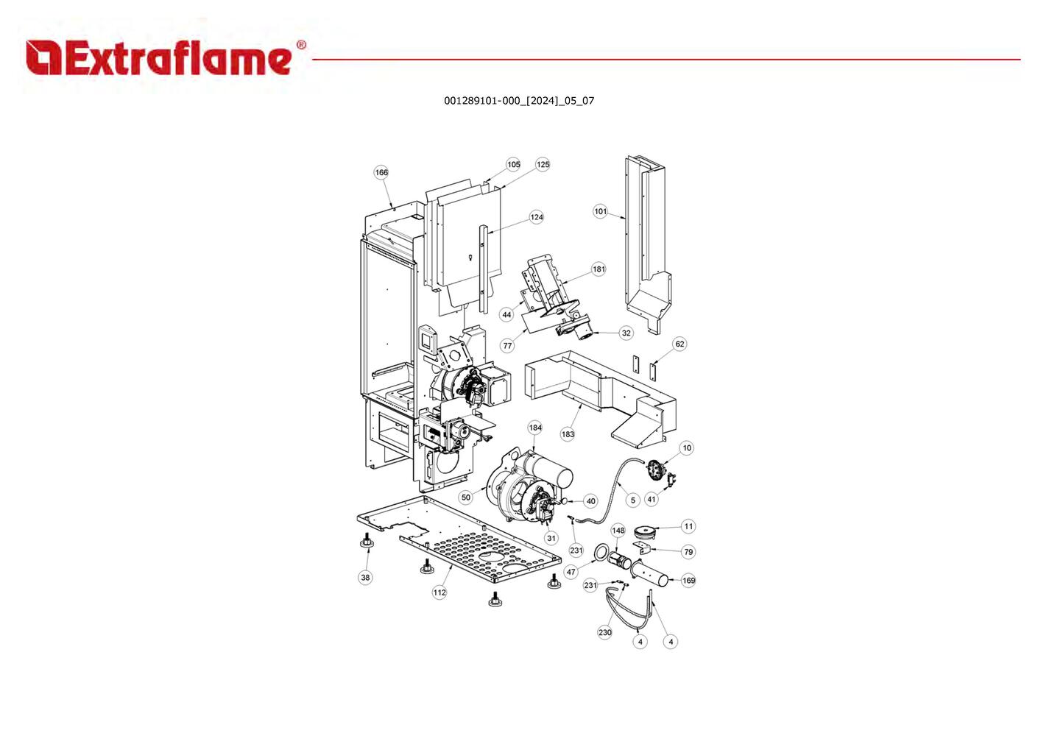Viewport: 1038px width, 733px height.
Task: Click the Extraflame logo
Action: click(166, 57)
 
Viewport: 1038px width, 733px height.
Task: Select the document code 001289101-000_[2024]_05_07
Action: click(519, 101)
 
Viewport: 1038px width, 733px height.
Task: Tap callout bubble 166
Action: click(381, 172)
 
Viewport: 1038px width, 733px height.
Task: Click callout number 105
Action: click(513, 165)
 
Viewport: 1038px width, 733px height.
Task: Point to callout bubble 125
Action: click(543, 165)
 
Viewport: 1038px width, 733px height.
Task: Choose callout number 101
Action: click(600, 211)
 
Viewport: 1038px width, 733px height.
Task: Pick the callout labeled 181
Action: click(599, 269)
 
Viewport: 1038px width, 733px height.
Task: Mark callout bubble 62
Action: click(679, 344)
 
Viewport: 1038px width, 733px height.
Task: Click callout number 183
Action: click(568, 434)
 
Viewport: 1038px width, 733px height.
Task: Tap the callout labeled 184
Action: click(535, 428)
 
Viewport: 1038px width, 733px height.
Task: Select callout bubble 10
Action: click(687, 448)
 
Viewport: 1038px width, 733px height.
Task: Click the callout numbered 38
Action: click(366, 577)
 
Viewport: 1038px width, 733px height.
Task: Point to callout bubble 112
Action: click(439, 592)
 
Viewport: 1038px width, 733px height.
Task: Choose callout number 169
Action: click(688, 580)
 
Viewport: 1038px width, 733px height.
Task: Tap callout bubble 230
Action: click(604, 632)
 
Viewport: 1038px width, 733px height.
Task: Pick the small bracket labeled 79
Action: click(645, 550)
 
